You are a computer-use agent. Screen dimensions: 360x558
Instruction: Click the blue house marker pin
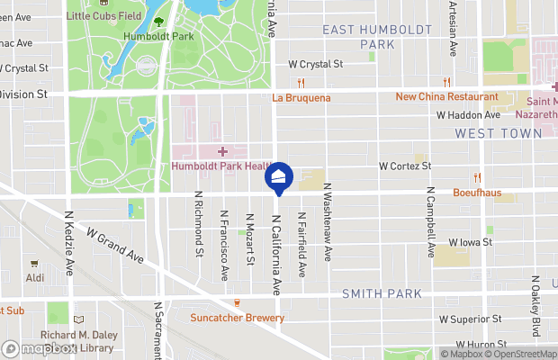pyautogui.click(x=279, y=176)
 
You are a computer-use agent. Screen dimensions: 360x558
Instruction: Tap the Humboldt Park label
pyautogui.click(x=159, y=37)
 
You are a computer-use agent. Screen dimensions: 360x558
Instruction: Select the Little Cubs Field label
pyautogui.click(x=104, y=15)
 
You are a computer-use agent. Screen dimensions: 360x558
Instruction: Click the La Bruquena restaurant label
pyautogui.click(x=301, y=97)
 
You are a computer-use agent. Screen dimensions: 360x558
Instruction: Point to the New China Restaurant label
pyautogui.click(x=446, y=96)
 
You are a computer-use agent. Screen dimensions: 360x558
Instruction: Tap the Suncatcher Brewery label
pyautogui.click(x=237, y=317)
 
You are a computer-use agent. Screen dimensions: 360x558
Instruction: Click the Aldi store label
pyautogui.click(x=35, y=279)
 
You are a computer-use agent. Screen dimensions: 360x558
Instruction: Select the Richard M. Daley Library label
pyautogui.click(x=77, y=342)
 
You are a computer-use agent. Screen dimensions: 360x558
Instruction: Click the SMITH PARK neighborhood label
pyautogui.click(x=382, y=294)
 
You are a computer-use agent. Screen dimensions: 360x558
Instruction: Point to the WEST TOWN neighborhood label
pyautogui.click(x=499, y=132)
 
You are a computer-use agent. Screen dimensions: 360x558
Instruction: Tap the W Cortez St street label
pyautogui.click(x=405, y=166)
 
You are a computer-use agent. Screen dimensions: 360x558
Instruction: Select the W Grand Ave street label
pyautogui.click(x=114, y=244)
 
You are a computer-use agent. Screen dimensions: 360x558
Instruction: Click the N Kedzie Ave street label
pyautogui.click(x=69, y=243)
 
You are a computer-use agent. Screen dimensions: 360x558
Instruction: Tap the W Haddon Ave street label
pyautogui.click(x=468, y=115)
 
